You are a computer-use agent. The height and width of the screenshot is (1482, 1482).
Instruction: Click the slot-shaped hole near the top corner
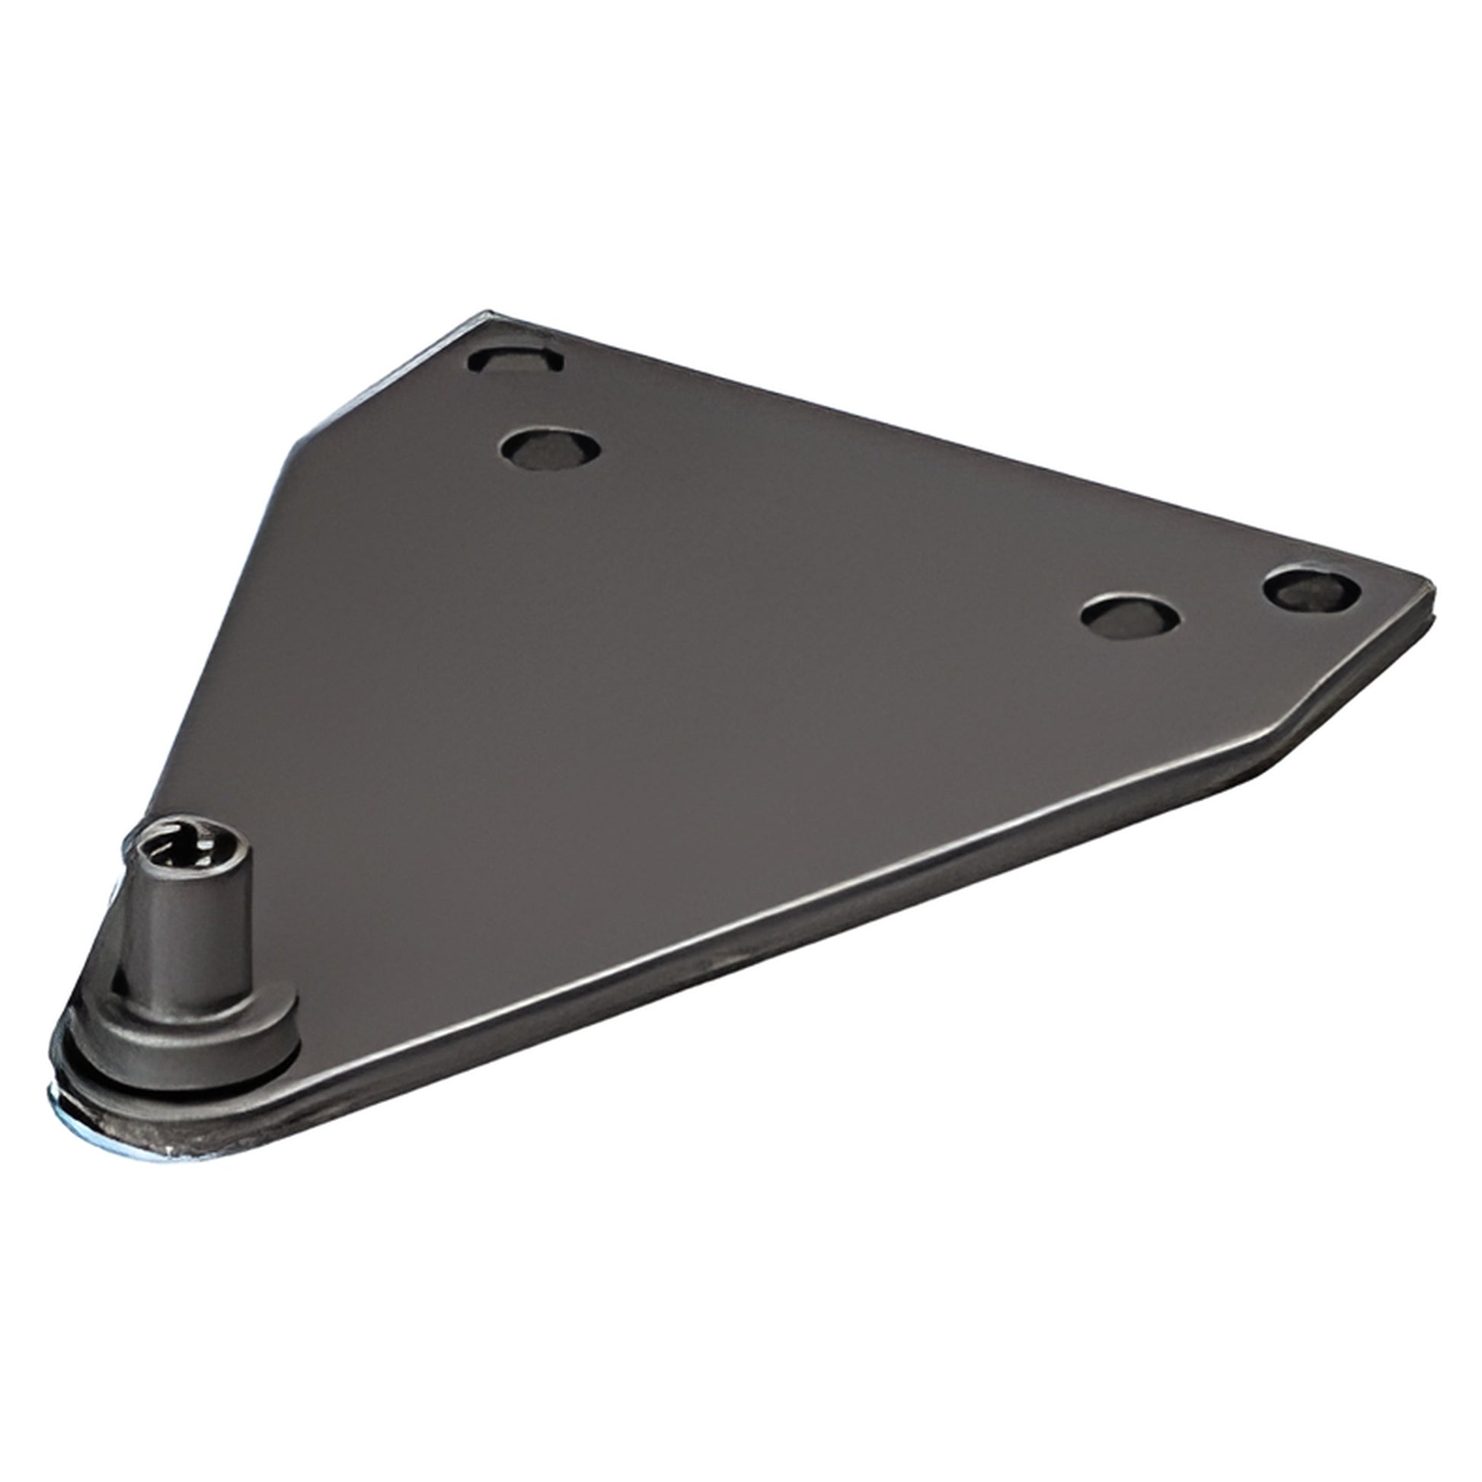pyautogui.click(x=516, y=359)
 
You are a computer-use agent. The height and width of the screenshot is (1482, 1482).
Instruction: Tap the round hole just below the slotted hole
pyautogui.click(x=548, y=448)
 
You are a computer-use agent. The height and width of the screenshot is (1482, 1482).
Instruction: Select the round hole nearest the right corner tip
pyautogui.click(x=1311, y=589)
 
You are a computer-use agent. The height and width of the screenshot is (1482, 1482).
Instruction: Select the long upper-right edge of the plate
pyautogui.click(x=959, y=452)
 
